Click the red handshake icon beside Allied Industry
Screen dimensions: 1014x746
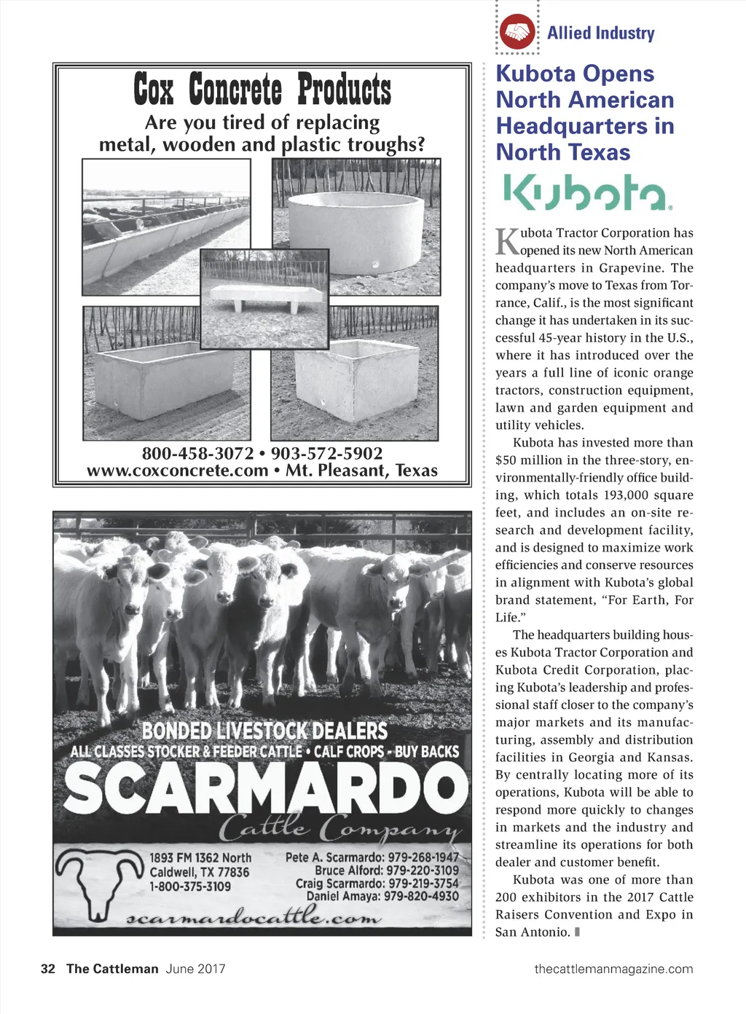[517, 32]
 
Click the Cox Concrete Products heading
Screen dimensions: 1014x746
[262, 90]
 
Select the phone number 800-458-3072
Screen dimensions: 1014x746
[197, 453]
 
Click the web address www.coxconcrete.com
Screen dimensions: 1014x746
[177, 471]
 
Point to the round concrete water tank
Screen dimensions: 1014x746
[356, 232]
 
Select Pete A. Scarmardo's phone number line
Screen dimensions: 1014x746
[372, 857]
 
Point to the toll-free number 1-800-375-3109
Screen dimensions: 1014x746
[190, 887]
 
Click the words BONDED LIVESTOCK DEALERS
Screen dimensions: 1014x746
[264, 731]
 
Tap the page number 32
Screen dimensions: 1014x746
[48, 969]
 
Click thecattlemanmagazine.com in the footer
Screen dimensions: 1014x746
[613, 969]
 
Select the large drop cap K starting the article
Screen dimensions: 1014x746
[507, 241]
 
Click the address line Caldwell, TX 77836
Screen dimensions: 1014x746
[199, 872]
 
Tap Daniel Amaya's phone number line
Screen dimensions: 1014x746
[382, 896]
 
